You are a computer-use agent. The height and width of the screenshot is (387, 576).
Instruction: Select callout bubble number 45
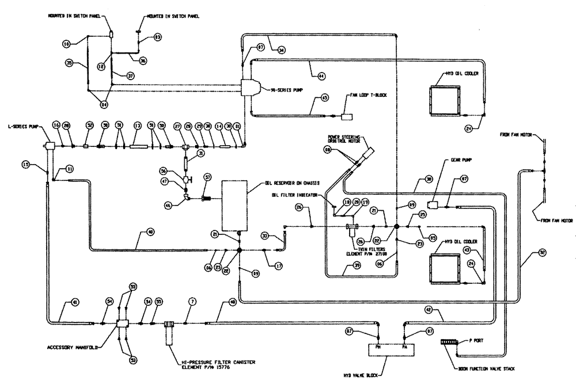point(325,98)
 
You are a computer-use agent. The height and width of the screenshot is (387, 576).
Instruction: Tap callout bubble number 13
point(137,126)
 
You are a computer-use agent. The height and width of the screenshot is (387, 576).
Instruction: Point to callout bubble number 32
point(543,252)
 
